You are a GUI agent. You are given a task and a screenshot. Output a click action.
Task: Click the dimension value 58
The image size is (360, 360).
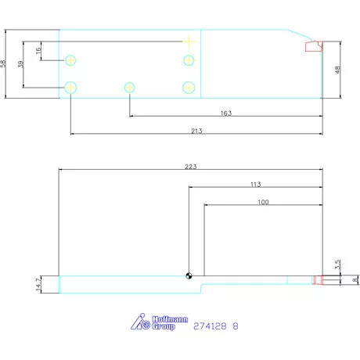[4, 64]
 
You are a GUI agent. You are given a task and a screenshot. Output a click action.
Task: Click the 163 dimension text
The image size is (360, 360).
[225, 113]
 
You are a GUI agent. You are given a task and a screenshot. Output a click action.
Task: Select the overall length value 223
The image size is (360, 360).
[189, 166]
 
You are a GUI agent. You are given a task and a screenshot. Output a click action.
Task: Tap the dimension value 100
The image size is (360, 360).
[262, 202]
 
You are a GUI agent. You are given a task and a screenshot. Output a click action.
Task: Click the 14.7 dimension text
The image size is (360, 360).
[38, 283]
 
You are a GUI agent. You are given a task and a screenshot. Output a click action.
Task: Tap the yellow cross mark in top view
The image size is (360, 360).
[188, 40]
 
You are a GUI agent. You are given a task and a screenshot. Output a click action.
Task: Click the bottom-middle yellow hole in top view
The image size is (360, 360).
[129, 87]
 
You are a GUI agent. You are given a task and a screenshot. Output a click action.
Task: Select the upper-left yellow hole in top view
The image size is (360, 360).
[71, 60]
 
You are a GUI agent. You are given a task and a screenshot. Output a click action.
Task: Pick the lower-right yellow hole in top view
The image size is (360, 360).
[188, 87]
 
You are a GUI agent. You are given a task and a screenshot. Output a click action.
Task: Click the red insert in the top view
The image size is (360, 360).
[314, 46]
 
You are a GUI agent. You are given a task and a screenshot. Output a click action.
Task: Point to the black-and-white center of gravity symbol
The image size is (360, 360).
[188, 275]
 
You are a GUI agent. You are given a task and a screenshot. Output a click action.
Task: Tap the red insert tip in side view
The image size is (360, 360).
[318, 280]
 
